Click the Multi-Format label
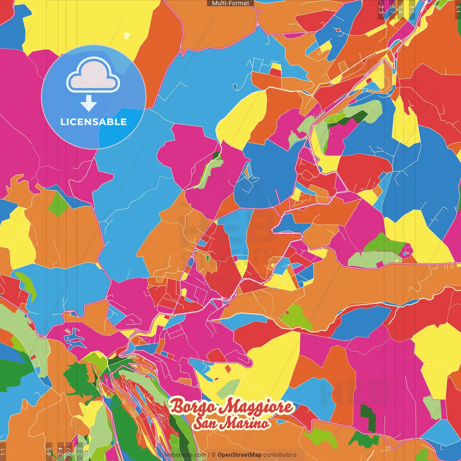coord(230,3)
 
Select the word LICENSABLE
coord(94,122)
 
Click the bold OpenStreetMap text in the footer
coord(239,455)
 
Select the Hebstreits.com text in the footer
coord(185,455)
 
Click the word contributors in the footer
coord(279,455)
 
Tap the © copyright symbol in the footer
coord(213,455)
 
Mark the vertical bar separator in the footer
coord(209,455)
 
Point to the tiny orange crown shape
coord(67,330)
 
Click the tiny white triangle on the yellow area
coord(127,36)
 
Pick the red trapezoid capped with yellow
coord(276,70)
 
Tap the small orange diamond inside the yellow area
coord(228,368)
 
